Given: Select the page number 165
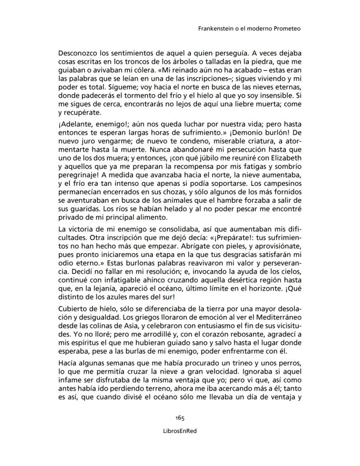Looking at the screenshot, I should coord(180,418).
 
